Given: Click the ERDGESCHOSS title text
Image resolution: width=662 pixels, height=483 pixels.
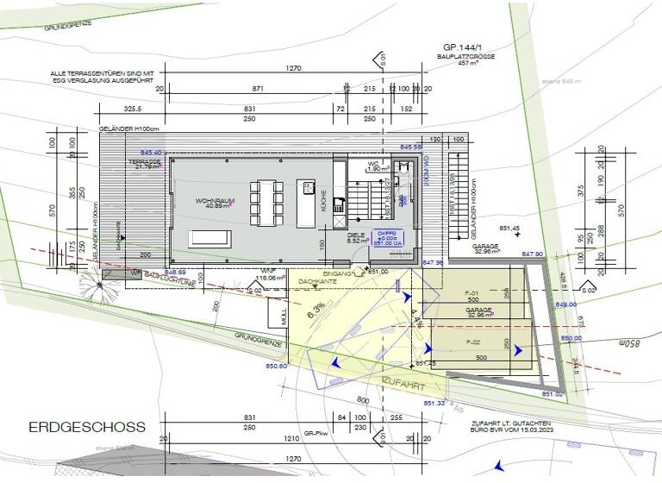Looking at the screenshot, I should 87,427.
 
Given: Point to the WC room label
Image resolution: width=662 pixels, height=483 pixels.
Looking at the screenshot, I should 373,161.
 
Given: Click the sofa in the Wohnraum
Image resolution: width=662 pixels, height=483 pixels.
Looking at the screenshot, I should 209,237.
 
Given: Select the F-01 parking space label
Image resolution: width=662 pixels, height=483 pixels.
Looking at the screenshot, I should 472,293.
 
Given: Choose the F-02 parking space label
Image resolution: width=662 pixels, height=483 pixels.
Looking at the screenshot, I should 472,342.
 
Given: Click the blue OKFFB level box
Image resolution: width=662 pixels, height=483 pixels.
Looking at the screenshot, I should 383,239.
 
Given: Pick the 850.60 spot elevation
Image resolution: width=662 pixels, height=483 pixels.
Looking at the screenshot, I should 276,367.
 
